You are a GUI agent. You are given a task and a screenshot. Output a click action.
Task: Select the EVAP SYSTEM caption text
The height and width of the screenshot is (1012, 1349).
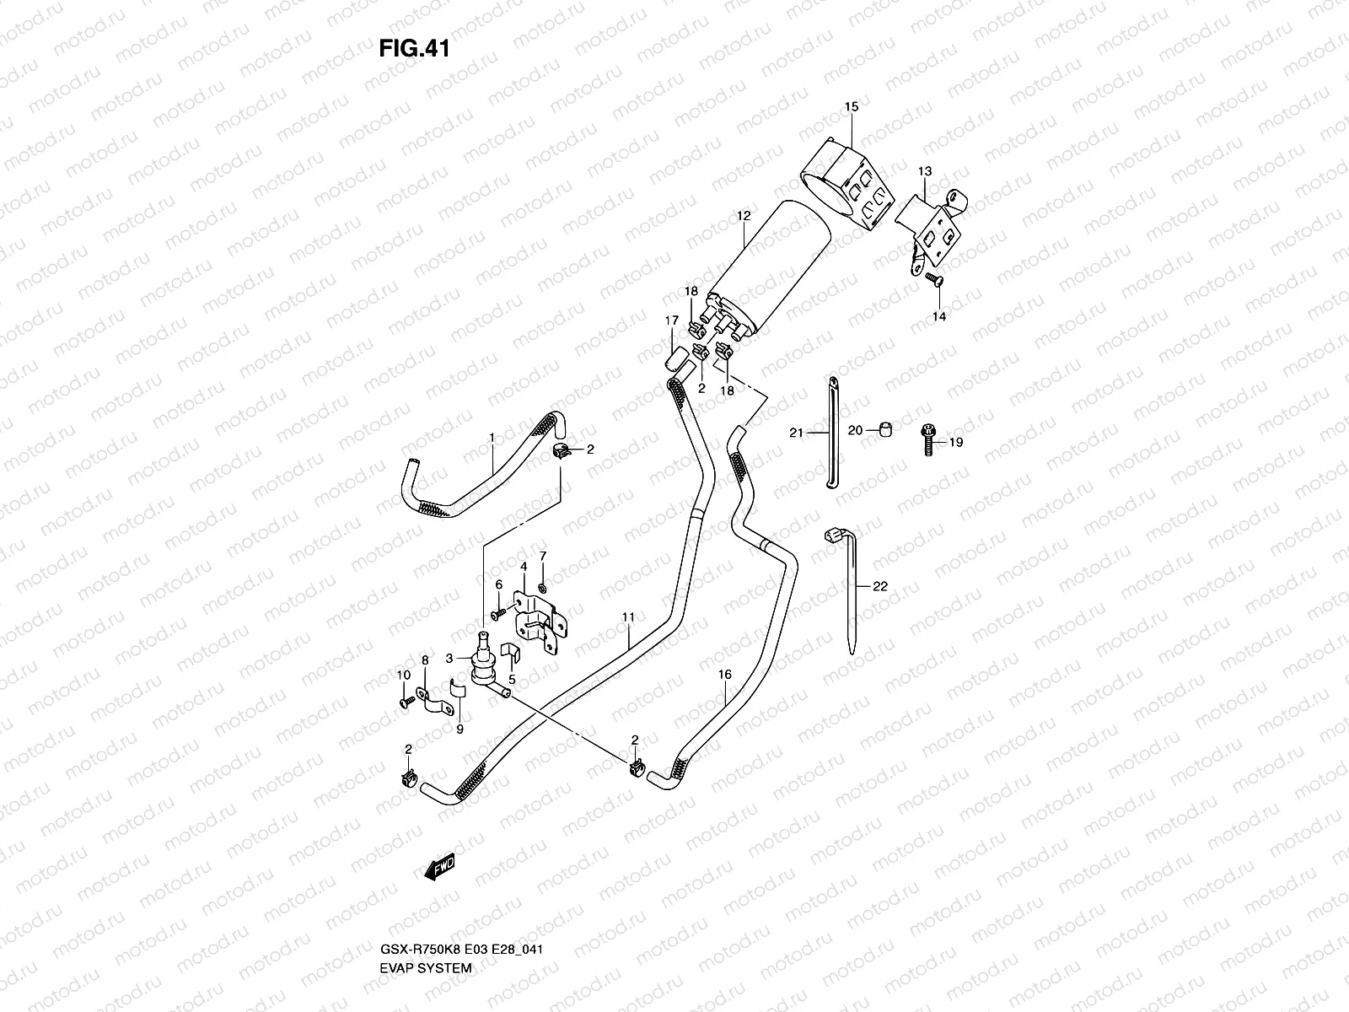point(425,896)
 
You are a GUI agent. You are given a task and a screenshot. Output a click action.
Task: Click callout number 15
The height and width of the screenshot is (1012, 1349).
point(851,106)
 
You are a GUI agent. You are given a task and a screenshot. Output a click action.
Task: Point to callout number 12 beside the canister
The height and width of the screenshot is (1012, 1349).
point(743,216)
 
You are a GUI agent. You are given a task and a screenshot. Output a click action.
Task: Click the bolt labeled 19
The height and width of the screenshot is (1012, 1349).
point(927,440)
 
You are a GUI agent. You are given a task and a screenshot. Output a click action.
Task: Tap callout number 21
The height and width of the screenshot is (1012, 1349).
point(796,433)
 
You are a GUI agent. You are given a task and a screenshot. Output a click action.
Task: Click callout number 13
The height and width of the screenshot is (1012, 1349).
point(925,171)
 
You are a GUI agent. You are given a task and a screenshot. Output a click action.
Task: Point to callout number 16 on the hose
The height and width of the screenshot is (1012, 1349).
point(724,676)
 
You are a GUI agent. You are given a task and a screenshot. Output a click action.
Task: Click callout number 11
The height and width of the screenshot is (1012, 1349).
point(628,617)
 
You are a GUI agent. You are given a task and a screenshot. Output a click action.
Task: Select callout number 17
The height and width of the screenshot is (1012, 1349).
point(672,320)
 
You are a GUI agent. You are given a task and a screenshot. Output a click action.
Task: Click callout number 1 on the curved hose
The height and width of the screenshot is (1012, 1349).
point(492,437)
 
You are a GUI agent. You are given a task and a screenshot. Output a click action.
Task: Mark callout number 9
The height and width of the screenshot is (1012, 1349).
point(460,730)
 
